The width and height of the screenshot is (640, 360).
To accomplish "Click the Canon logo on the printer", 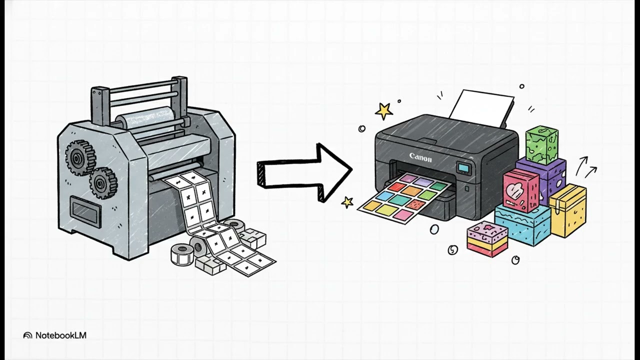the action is pyautogui.click(x=420, y=157).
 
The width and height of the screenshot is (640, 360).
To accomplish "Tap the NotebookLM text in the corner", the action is pyautogui.click(x=61, y=335).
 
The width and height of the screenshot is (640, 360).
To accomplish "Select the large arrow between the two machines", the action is pyautogui.click(x=304, y=172).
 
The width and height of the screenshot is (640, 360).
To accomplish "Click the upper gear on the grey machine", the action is pyautogui.click(x=80, y=157).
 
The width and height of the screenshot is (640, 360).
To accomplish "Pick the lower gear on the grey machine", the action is pyautogui.click(x=103, y=183).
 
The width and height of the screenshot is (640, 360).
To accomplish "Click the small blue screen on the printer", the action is pyautogui.click(x=463, y=167).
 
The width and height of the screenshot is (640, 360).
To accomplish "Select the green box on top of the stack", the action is pyautogui.click(x=541, y=145).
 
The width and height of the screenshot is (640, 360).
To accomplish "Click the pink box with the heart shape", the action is pyautogui.click(x=520, y=190).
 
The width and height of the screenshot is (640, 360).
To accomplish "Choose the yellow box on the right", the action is pyautogui.click(x=567, y=210).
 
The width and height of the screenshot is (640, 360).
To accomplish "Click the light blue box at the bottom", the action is pyautogui.click(x=522, y=225).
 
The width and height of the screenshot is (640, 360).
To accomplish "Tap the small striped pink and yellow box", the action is pyautogui.click(x=487, y=239).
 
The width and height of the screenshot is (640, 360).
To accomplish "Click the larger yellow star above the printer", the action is pyautogui.click(x=383, y=111).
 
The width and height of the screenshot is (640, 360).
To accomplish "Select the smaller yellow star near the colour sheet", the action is pyautogui.click(x=347, y=202).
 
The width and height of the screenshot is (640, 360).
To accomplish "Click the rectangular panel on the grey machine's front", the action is pyautogui.click(x=85, y=211).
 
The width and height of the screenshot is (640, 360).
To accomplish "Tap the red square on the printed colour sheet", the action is pyautogui.click(x=397, y=187).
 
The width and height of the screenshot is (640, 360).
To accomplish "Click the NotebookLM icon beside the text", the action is pyautogui.click(x=27, y=335).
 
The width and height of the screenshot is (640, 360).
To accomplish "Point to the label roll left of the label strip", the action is pyautogui.click(x=182, y=254).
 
